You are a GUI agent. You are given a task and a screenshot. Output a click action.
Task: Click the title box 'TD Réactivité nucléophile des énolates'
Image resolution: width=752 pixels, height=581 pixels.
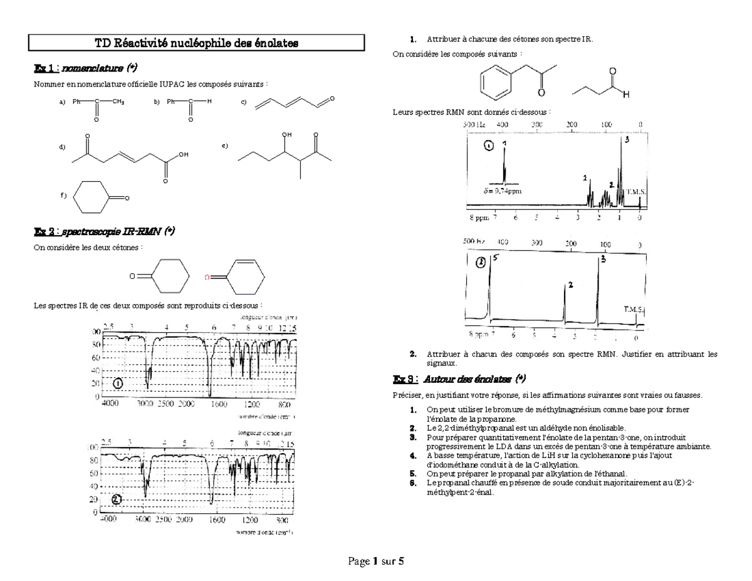point(197,43)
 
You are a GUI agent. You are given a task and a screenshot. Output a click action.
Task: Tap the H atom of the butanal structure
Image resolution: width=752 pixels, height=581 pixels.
point(625,95)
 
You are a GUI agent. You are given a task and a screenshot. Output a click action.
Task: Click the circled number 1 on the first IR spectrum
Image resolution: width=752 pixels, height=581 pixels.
point(118,383)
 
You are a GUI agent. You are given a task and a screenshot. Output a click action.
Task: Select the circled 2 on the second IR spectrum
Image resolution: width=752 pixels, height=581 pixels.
point(117,499)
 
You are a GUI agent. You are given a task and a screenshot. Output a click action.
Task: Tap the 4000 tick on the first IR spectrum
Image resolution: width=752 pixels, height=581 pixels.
point(110,404)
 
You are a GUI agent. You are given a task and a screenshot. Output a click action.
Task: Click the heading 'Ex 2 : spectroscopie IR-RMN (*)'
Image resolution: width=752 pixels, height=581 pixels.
point(103,231)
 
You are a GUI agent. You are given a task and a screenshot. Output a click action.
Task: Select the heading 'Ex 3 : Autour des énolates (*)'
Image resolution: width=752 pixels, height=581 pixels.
point(459,379)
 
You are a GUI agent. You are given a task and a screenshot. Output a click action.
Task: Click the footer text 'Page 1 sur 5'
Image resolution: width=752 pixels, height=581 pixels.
point(376,561)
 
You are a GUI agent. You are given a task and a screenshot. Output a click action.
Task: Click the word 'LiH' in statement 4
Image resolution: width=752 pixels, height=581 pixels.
point(543,456)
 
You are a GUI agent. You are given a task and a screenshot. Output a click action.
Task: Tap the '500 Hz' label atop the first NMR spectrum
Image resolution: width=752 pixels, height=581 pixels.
point(474,125)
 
